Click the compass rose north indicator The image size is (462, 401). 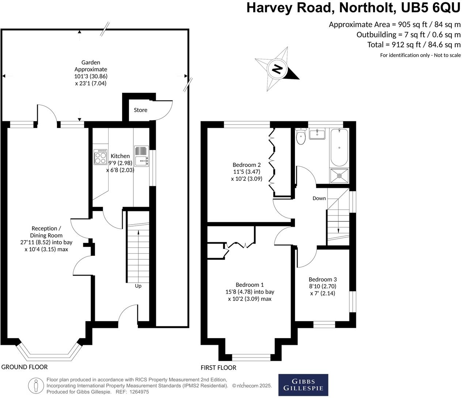tap(277, 69)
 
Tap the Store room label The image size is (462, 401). tap(140, 110)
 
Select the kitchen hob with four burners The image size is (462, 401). tap(101, 157)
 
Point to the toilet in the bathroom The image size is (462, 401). tap(301, 137)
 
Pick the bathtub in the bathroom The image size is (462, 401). tap(339, 147)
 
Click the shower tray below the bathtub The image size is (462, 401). tap(339, 176)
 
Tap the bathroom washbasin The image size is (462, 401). tap(317, 134)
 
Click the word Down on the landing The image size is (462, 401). tap(319, 198)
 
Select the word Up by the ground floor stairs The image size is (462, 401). tap(138, 286)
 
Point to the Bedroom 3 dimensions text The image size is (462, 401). tap(322, 290)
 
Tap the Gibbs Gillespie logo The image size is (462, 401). tap(303, 385)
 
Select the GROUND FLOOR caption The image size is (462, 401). tap(24, 367)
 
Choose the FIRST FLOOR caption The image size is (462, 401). tap(218, 368)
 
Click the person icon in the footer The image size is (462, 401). tap(36, 385)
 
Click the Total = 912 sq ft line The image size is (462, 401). tap(414, 45)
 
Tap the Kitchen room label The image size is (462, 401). tap(120, 156)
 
